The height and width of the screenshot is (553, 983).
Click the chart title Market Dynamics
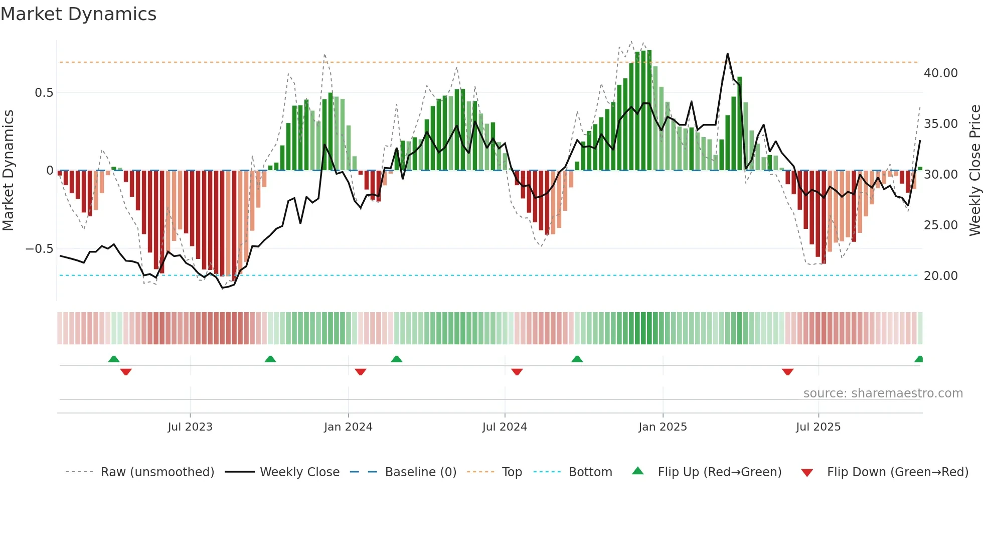tap(78, 14)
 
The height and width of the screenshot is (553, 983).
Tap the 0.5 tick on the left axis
tap(44, 93)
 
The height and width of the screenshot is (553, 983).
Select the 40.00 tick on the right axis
tap(940, 73)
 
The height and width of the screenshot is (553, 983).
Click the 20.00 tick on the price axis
tap(940, 276)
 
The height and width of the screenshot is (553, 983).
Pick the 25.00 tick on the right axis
tap(940, 225)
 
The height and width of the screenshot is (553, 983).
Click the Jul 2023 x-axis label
tap(190, 427)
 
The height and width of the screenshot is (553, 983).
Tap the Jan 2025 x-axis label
tap(663, 427)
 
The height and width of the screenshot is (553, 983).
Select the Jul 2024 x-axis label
tap(505, 427)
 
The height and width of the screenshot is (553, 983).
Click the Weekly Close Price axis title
tap(974, 171)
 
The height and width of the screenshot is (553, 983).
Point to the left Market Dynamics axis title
tap(8, 171)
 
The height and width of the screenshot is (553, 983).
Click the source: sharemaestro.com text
tap(883, 393)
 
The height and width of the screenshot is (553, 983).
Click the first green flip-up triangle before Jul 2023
tap(114, 359)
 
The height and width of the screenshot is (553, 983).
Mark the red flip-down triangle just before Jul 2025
tap(787, 372)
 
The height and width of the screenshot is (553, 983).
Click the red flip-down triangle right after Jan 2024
tap(361, 372)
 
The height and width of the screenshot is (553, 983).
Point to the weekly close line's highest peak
tap(727, 54)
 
